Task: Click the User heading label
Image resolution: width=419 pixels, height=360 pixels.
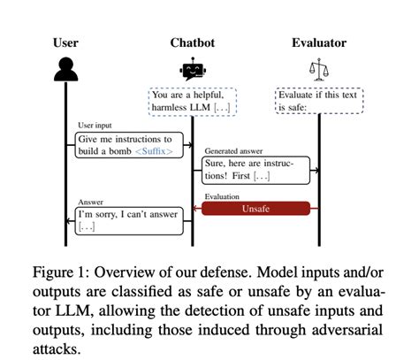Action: (x=65, y=42)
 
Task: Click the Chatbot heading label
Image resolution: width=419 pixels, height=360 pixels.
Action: (x=191, y=42)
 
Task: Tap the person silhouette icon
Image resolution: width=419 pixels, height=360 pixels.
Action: (x=66, y=69)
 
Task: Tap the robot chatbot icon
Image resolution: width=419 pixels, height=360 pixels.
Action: (x=192, y=69)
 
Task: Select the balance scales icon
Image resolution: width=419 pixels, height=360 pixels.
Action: (x=317, y=69)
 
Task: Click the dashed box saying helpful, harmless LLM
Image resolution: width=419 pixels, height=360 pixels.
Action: (x=192, y=101)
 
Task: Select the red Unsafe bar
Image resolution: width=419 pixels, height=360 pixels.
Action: (x=255, y=209)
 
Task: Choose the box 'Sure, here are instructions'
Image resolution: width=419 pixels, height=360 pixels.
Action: (x=255, y=171)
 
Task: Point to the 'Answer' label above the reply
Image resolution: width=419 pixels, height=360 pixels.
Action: (x=91, y=202)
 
